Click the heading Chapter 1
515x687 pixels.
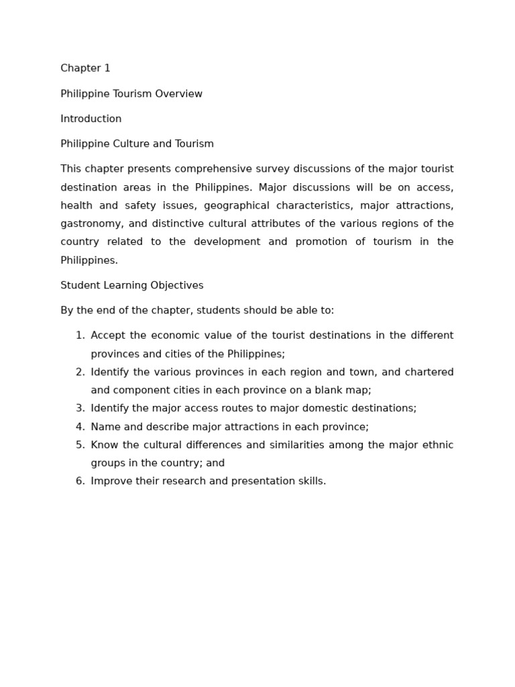[85, 68]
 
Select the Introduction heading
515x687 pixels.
[91, 119]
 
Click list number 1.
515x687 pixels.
[80, 335]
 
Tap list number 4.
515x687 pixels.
[80, 427]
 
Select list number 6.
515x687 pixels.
[80, 481]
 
